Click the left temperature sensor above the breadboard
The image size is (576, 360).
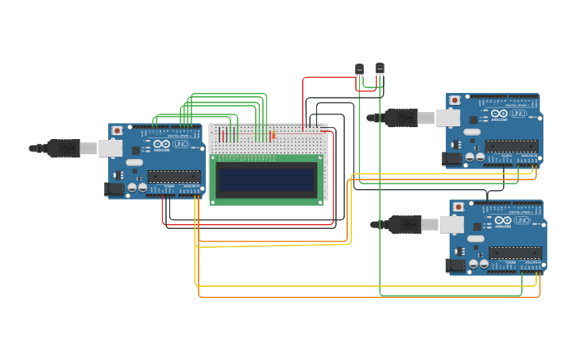tap(359, 70)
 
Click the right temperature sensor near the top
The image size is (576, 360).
tap(380, 68)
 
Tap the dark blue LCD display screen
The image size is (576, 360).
tap(267, 180)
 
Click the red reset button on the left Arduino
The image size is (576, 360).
tap(118, 130)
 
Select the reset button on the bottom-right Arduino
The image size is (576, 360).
tap(458, 207)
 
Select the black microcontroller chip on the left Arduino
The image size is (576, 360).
tap(173, 176)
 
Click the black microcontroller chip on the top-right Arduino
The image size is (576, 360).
tap(511, 145)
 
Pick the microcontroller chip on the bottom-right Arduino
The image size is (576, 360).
tap(514, 253)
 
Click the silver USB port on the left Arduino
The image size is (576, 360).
tap(110, 148)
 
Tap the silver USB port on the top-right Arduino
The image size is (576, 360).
tap(447, 118)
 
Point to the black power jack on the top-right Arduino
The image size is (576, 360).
tap(451, 158)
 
